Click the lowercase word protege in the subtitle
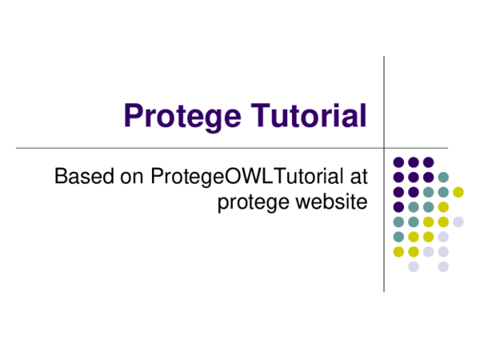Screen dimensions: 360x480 pyautogui.click(x=252, y=202)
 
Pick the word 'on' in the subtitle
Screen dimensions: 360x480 pyautogui.click(x=131, y=175)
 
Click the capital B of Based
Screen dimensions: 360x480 pyautogui.click(x=61, y=175)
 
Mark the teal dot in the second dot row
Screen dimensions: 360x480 pyautogui.click(x=443, y=177)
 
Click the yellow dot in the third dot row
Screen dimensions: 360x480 pyautogui.click(x=458, y=192)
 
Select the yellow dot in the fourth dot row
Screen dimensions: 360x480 pyautogui.click(x=443, y=207)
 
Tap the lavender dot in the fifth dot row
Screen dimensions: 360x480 pyautogui.click(x=458, y=222)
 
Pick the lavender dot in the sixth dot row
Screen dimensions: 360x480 pyautogui.click(x=443, y=237)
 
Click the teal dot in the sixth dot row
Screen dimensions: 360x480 pyautogui.click(x=398, y=237)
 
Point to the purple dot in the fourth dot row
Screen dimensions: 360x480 pyautogui.click(x=398, y=207)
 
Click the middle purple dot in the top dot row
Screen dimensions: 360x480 pyautogui.click(x=414, y=162)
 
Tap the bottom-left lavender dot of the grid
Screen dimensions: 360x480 pyautogui.click(x=414, y=266)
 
